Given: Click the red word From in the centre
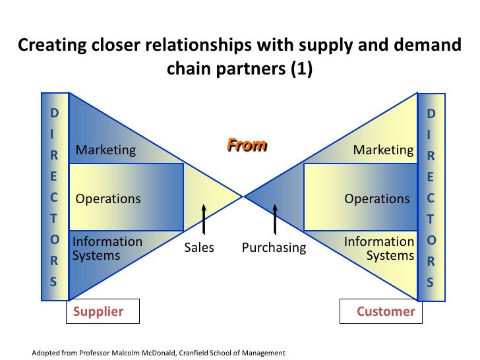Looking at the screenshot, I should pos(247,145).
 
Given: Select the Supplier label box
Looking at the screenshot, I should pos(102,312).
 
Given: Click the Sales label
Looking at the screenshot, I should pos(198,248).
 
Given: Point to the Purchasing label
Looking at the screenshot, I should pos(274,248).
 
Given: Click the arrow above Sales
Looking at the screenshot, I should pos(204,219).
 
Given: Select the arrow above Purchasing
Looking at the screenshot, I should pos(275,219).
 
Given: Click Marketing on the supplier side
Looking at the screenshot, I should pos(105,150).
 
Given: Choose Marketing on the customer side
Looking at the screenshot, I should pos(383,150).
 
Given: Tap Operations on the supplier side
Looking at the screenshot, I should pos(108,198).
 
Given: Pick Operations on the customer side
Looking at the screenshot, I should pos(376,198).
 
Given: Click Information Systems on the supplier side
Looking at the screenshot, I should pos(106,249).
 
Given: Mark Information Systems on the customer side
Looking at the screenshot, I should pos(380,249).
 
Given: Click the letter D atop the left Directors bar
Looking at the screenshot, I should pos(54,113).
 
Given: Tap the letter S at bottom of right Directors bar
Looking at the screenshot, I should pos(431,282).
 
